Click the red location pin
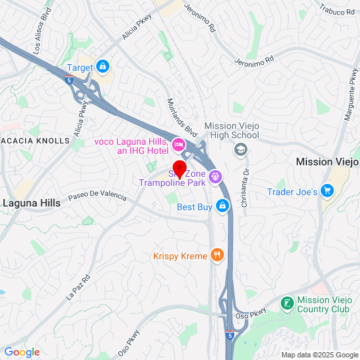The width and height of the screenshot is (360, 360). [x=179, y=168]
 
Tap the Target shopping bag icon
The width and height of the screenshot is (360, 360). [x=103, y=66]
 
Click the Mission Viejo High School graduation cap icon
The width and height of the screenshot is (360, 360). [x=241, y=150]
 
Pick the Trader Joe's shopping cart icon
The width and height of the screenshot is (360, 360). [x=327, y=191]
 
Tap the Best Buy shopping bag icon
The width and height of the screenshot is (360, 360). [x=223, y=207]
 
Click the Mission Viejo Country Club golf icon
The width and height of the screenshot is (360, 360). [x=287, y=303]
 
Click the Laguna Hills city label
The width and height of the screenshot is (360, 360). [x=31, y=203]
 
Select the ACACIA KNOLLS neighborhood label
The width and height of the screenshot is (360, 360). [x=35, y=141]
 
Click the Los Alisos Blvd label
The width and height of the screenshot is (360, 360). [x=37, y=40]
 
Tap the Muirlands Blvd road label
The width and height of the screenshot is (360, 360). [x=181, y=117]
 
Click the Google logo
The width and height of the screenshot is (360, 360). [x=22, y=352]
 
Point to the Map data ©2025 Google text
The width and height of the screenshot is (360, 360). [x=318, y=355]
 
